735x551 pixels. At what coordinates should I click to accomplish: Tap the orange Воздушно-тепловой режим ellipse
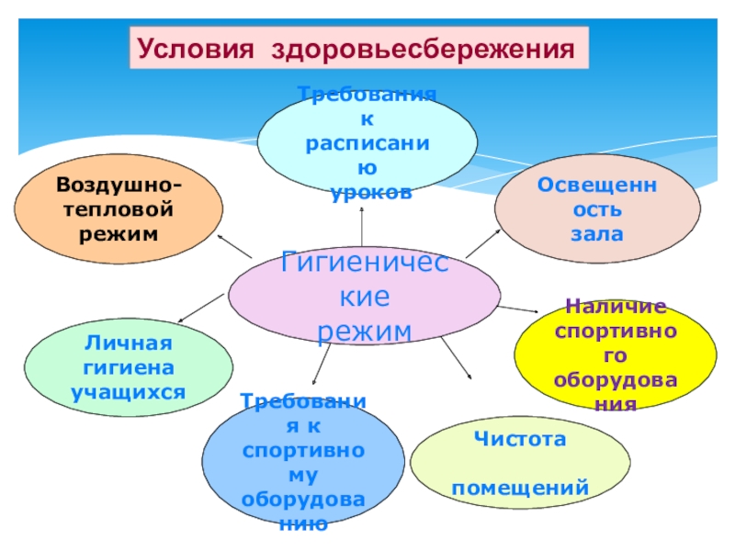pos(119,210)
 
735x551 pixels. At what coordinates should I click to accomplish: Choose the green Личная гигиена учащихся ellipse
pos(129,368)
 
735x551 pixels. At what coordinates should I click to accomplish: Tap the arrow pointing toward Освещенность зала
pos(482,243)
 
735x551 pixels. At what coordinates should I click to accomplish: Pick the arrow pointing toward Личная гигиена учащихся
pos(202,307)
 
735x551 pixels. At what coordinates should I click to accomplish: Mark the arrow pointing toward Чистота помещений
pos(456,358)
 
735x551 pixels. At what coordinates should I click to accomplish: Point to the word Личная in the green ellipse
pos(129,343)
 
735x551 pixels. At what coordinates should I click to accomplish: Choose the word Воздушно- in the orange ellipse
pos(119,186)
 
